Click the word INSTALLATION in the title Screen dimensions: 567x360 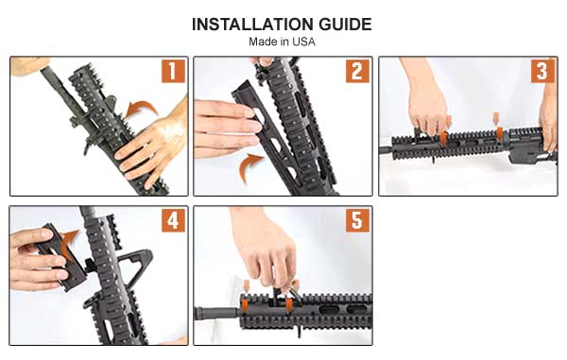click(x=252, y=25)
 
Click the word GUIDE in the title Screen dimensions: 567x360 click(x=345, y=25)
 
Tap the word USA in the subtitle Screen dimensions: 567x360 click(x=303, y=42)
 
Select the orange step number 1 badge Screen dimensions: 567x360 click(x=173, y=71)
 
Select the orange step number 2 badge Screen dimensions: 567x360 click(x=357, y=71)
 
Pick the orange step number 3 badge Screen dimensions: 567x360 click(x=542, y=71)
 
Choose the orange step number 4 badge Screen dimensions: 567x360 click(x=173, y=220)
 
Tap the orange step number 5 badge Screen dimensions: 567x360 click(x=357, y=220)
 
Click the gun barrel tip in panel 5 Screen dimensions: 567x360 click(x=198, y=314)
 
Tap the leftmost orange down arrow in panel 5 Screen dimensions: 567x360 click(x=247, y=285)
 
